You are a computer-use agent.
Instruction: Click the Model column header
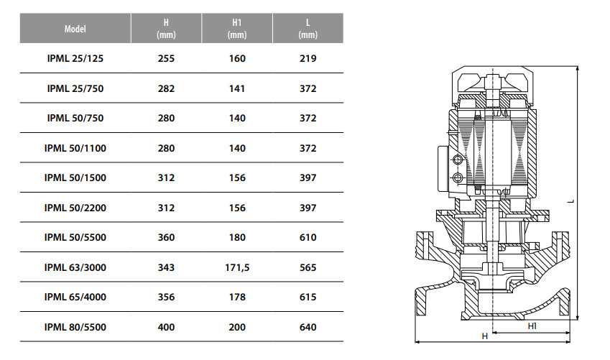coord(75,29)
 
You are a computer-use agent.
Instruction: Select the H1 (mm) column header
coord(237,29)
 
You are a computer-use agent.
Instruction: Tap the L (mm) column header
coord(308,29)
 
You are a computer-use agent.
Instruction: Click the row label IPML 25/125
coord(75,58)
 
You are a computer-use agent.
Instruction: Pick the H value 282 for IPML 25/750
coord(166,88)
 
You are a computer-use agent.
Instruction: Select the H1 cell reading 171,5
coord(237,268)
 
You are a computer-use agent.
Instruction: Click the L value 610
coord(308,237)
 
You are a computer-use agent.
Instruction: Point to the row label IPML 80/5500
coord(75,328)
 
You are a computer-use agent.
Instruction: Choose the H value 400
coord(166,328)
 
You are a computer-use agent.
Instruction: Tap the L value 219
coord(308,58)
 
